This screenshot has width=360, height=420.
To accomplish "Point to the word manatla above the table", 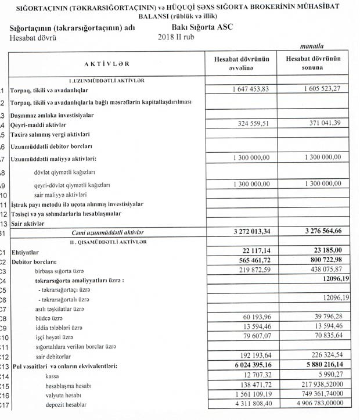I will point(312,46).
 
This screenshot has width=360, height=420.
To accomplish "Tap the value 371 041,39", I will point(318,124).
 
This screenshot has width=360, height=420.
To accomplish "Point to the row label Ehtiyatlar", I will point(27,253).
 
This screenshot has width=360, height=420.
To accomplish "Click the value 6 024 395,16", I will point(247,366).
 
